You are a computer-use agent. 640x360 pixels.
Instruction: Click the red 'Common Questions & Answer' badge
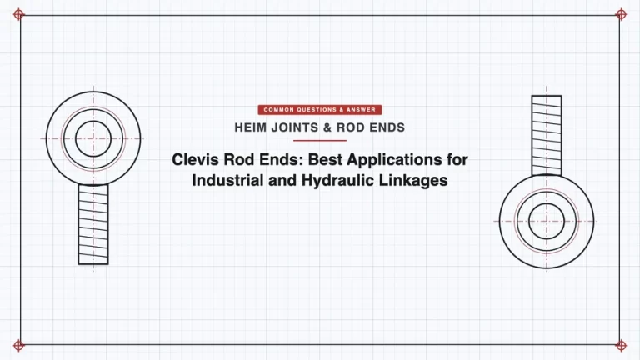[320, 110]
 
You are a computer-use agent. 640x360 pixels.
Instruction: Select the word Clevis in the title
[195, 159]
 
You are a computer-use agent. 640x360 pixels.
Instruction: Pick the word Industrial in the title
[227, 180]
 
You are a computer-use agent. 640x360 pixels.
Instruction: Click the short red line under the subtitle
[320, 140]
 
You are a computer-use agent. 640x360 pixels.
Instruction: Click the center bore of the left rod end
[93, 139]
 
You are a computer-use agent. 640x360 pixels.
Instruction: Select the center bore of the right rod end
[547, 221]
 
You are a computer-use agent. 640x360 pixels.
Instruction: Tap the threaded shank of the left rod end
[93, 224]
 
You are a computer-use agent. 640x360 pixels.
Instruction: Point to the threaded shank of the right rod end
[547, 136]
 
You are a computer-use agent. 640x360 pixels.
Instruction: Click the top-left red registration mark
[18, 15]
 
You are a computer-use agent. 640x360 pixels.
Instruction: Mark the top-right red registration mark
[621, 15]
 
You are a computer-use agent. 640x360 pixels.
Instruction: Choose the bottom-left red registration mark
[18, 345]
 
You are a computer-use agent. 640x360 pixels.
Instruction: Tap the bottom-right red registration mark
[621, 345]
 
